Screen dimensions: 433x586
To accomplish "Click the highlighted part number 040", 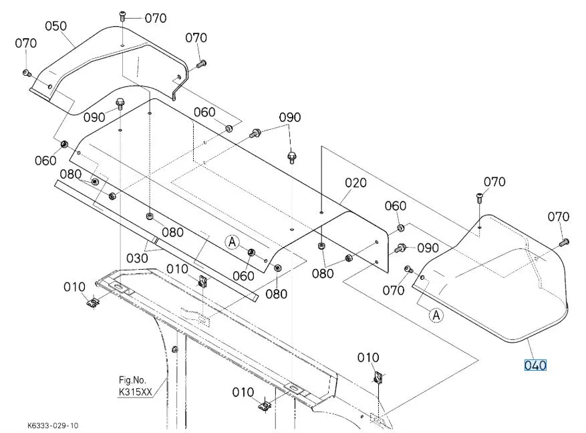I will pyautogui.click(x=535, y=365).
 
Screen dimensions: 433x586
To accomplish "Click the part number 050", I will pyautogui.click(x=55, y=26).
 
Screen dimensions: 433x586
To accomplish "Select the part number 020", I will pyautogui.click(x=355, y=183).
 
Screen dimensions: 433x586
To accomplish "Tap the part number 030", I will pyautogui.click(x=136, y=257).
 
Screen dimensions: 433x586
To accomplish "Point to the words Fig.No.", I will pyautogui.click(x=131, y=380).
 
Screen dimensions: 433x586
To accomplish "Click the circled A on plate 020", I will pyautogui.click(x=231, y=242).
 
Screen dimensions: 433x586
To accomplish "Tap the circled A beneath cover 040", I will pyautogui.click(x=436, y=314).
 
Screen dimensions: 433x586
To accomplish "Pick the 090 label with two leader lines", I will pyautogui.click(x=290, y=117).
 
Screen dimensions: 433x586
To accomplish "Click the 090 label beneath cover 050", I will pyautogui.click(x=95, y=117).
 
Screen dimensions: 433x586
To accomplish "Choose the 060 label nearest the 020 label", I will pyautogui.click(x=395, y=205).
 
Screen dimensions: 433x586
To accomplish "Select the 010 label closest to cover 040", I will pyautogui.click(x=368, y=357).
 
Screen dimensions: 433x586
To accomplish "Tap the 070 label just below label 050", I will pyautogui.click(x=25, y=44).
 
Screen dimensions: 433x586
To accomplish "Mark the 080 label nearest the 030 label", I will pyautogui.click(x=172, y=232).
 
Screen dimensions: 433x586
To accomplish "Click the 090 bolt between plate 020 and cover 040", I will pyautogui.click(x=401, y=248).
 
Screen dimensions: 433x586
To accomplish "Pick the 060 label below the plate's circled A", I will pyautogui.click(x=243, y=275).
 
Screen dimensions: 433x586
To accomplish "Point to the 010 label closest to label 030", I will pyautogui.click(x=177, y=268).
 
